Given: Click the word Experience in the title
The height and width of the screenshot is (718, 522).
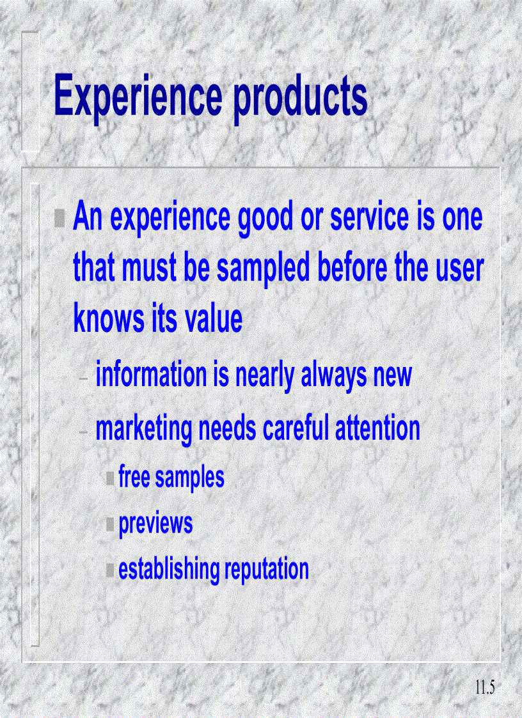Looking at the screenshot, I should pos(138,95).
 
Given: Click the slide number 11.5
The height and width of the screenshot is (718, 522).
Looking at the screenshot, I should pos(486,688).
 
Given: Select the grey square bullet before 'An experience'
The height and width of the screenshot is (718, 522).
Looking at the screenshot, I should pos(59,219).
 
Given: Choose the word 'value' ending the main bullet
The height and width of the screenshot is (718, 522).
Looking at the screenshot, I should pos(213,318).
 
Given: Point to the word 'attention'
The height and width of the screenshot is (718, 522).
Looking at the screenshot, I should pos(377,428).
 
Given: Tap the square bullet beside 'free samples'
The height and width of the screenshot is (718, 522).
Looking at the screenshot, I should pos(111,478).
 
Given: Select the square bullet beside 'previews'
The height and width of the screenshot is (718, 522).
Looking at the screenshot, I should pos(111,524).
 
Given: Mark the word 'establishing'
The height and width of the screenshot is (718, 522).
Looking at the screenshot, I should pos(168,569).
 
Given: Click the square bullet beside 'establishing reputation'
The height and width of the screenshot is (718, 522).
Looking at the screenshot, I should pos(111,569).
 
